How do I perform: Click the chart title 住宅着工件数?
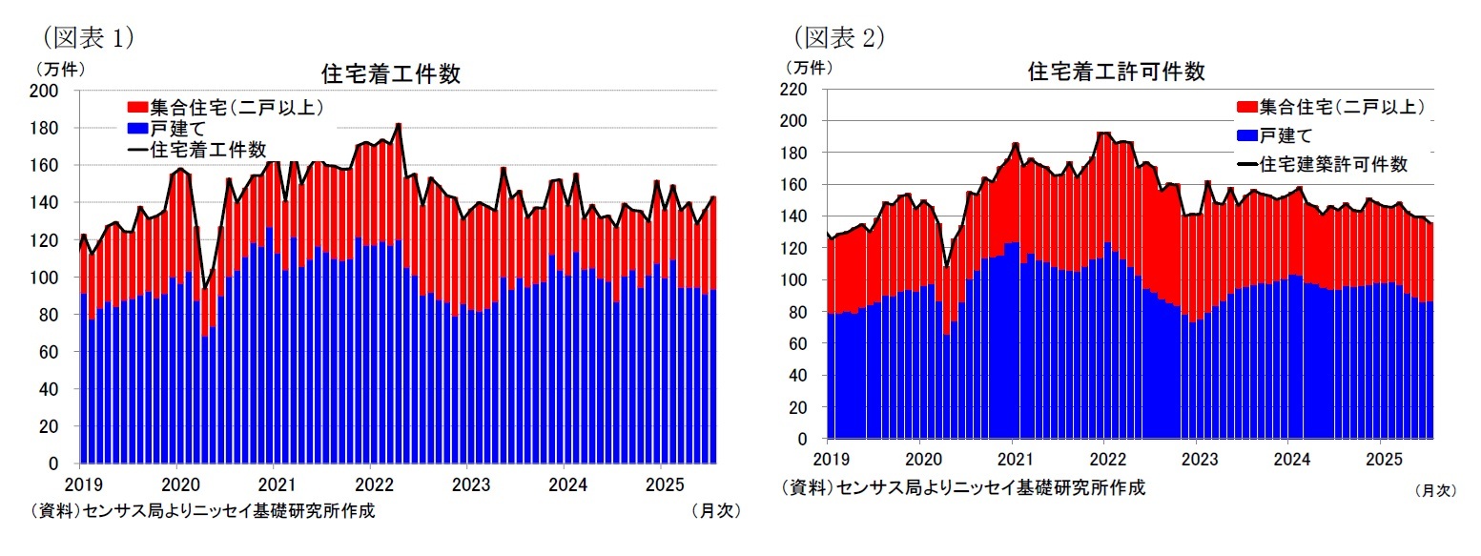coord(391,74)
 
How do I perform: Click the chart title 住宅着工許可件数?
coord(1117,72)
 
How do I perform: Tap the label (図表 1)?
coord(86,36)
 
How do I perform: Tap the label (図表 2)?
coord(840,36)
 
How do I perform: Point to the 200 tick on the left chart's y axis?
coord(48,91)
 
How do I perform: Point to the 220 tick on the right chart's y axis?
coord(795,89)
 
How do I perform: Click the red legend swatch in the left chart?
coord(137,108)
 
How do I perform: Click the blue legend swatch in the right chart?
coord(1245,134)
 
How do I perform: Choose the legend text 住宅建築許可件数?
coord(1332,163)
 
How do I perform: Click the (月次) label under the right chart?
coord(1434,490)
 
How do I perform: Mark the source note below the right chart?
coord(963,487)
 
